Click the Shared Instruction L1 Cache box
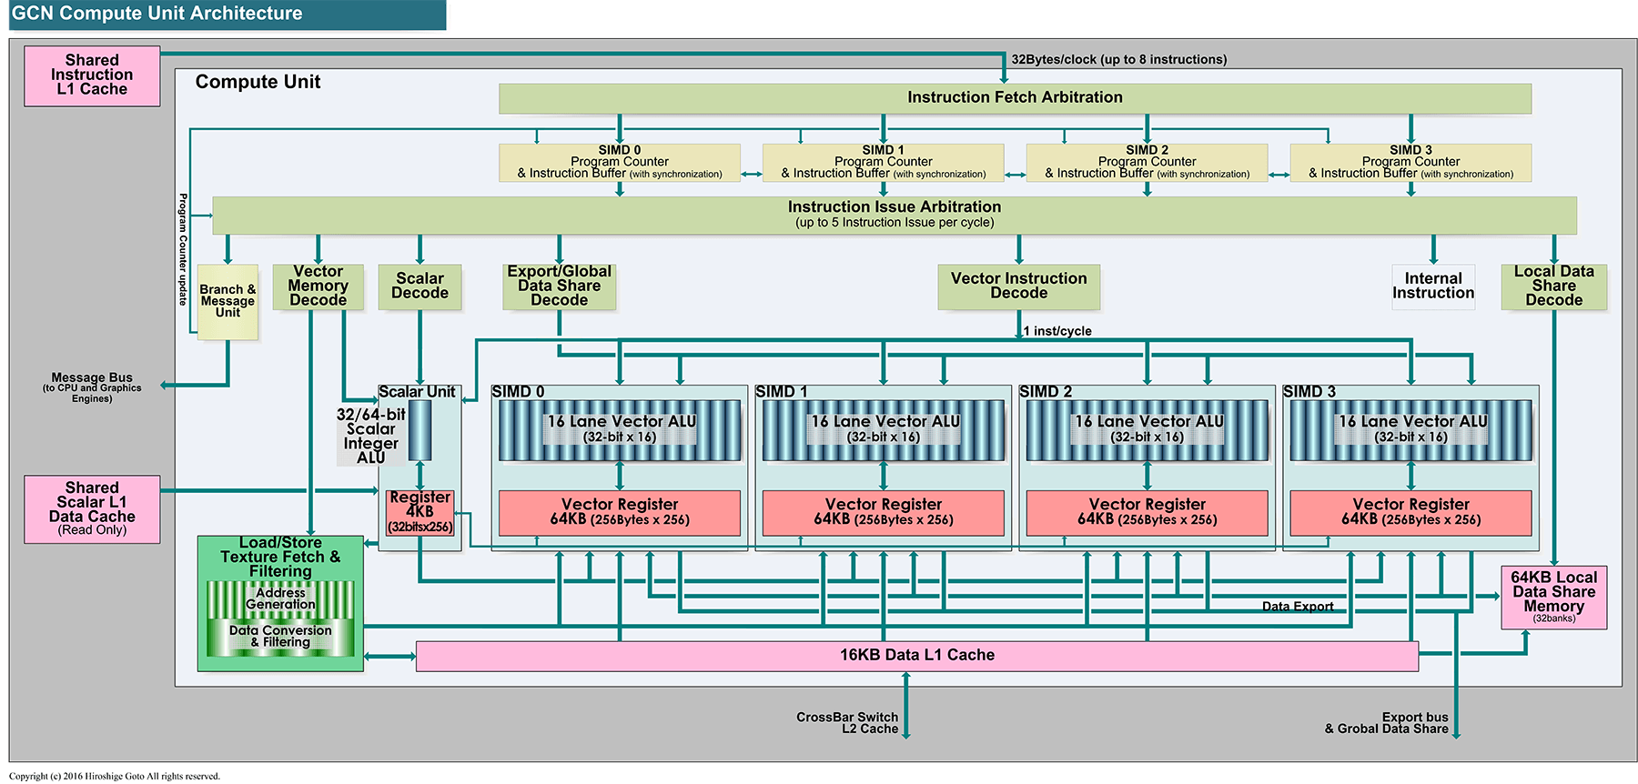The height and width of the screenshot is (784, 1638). (92, 75)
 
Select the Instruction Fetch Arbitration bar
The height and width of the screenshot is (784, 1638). (1015, 98)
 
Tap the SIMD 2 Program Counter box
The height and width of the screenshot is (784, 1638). (1147, 163)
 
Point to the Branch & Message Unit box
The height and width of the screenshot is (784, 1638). (227, 302)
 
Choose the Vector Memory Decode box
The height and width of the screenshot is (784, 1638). (318, 286)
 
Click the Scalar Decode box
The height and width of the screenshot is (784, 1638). (420, 286)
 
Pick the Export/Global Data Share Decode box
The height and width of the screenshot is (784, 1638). (559, 286)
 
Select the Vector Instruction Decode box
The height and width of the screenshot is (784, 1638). (1018, 286)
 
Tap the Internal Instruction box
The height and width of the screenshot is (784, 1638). (1432, 286)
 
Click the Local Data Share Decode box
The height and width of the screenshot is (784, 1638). (1553, 286)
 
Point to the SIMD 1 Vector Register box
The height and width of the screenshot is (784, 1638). (883, 513)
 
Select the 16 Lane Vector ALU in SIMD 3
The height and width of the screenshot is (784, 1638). (1410, 430)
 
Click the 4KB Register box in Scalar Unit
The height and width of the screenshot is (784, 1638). (420, 512)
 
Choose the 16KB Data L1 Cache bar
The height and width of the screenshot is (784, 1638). (916, 656)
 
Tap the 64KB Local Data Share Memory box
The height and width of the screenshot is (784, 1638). (1553, 597)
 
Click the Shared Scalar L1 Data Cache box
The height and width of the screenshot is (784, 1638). (92, 509)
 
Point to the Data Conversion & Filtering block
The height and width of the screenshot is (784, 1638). (280, 637)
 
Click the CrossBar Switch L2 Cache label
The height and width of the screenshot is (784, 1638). (846, 723)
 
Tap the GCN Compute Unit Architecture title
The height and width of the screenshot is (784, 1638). (157, 14)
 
